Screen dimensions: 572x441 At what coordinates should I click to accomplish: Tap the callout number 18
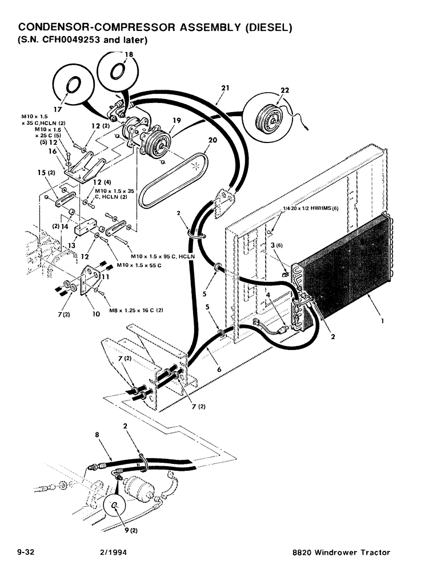pos(129,54)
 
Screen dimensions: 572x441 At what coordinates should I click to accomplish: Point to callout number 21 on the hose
pos(224,88)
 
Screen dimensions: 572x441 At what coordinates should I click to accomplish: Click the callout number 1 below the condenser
pos(381,321)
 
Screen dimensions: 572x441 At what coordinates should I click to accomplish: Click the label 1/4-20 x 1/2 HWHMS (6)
pos(311,208)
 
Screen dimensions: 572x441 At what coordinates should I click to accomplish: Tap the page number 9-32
pos(27,552)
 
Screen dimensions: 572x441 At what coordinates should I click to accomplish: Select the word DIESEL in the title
pos(268,27)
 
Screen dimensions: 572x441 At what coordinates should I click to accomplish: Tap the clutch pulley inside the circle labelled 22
pos(267,114)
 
